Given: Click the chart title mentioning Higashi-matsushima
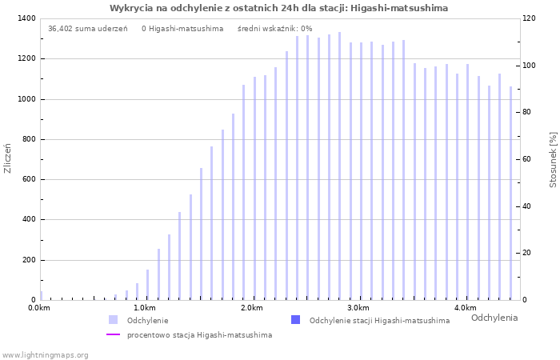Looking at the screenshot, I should click(x=278, y=8).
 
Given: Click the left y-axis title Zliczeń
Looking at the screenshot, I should click(x=8, y=158).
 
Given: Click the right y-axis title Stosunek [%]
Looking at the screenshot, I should click(x=552, y=160).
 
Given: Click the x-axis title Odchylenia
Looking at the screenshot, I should click(x=494, y=318).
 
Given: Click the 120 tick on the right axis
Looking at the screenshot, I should click(x=528, y=18).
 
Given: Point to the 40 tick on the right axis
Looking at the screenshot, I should click(x=526, y=206).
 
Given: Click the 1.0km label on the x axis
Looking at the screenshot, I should click(x=144, y=308).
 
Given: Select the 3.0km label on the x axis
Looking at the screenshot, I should click(x=358, y=308).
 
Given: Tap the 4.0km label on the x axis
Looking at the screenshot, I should click(x=465, y=308).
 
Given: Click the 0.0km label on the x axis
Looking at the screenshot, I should click(x=39, y=308).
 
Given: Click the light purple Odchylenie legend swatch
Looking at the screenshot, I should click(x=114, y=320).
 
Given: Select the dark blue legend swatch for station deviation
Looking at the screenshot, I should click(x=295, y=320).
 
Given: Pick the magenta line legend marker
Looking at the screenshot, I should click(x=114, y=335).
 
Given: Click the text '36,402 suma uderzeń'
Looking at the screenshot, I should click(x=87, y=29).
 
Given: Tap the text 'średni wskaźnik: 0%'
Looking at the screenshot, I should click(x=274, y=29).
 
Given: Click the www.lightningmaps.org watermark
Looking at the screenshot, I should click(x=45, y=355).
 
